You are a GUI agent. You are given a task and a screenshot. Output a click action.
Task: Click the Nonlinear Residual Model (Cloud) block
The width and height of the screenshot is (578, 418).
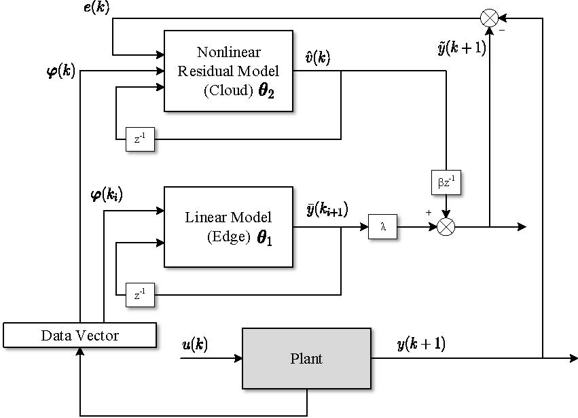228,71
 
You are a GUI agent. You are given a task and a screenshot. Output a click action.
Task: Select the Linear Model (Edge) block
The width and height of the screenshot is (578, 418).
228,227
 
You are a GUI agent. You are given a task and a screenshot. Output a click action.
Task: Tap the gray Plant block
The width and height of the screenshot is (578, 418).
306,359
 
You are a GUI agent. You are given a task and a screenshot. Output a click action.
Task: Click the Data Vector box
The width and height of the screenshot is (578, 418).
80,335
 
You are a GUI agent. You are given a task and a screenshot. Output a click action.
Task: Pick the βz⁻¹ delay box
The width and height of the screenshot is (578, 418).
446,181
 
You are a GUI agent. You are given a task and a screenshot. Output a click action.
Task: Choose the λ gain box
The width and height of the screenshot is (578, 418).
383,227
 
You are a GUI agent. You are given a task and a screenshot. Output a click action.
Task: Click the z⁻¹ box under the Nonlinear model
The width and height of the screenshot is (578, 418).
140,139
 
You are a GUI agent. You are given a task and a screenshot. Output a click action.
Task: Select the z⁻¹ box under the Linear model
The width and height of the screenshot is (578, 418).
140,296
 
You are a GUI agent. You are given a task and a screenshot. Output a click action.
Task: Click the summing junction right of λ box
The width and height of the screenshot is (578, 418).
446,227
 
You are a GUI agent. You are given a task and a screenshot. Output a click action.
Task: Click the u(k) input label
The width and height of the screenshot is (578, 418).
194,344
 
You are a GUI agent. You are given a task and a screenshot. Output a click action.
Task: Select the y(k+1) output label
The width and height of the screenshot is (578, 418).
420,344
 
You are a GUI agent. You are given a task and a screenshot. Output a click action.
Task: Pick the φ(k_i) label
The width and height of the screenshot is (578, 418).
106,196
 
